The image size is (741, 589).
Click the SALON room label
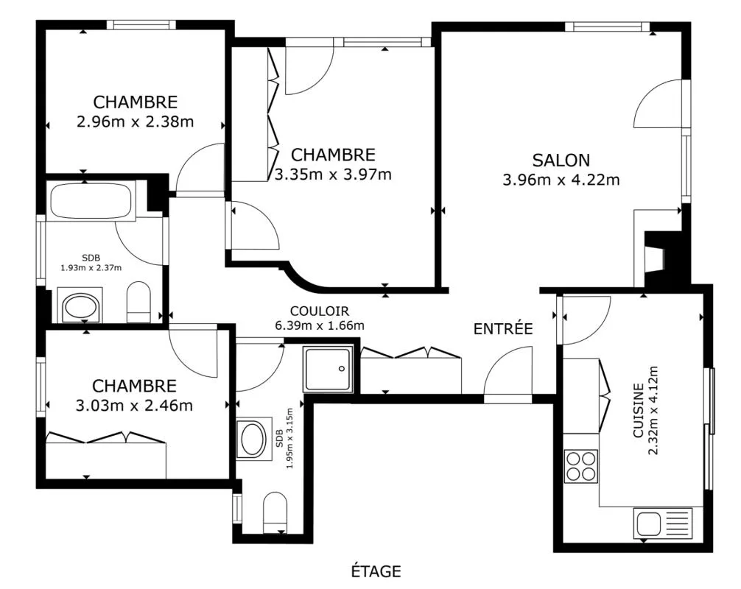(561, 161)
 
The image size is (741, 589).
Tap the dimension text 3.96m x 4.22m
(561, 180)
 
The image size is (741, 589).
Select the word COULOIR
(320, 311)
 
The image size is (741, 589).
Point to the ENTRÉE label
(503, 329)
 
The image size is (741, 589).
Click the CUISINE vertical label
(639, 410)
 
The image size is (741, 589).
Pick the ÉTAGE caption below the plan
(376, 571)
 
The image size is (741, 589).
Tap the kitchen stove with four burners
(581, 466)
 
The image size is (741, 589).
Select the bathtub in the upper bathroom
(92, 200)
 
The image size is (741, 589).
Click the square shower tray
(329, 369)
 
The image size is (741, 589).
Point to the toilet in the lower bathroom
(275, 512)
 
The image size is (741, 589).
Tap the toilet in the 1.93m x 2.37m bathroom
(138, 303)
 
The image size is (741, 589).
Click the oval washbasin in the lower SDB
(253, 439)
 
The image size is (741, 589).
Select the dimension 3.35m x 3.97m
(333, 174)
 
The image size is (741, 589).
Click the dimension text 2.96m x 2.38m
(135, 122)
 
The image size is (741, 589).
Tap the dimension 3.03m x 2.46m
(134, 406)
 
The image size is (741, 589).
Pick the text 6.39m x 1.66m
(320, 325)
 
